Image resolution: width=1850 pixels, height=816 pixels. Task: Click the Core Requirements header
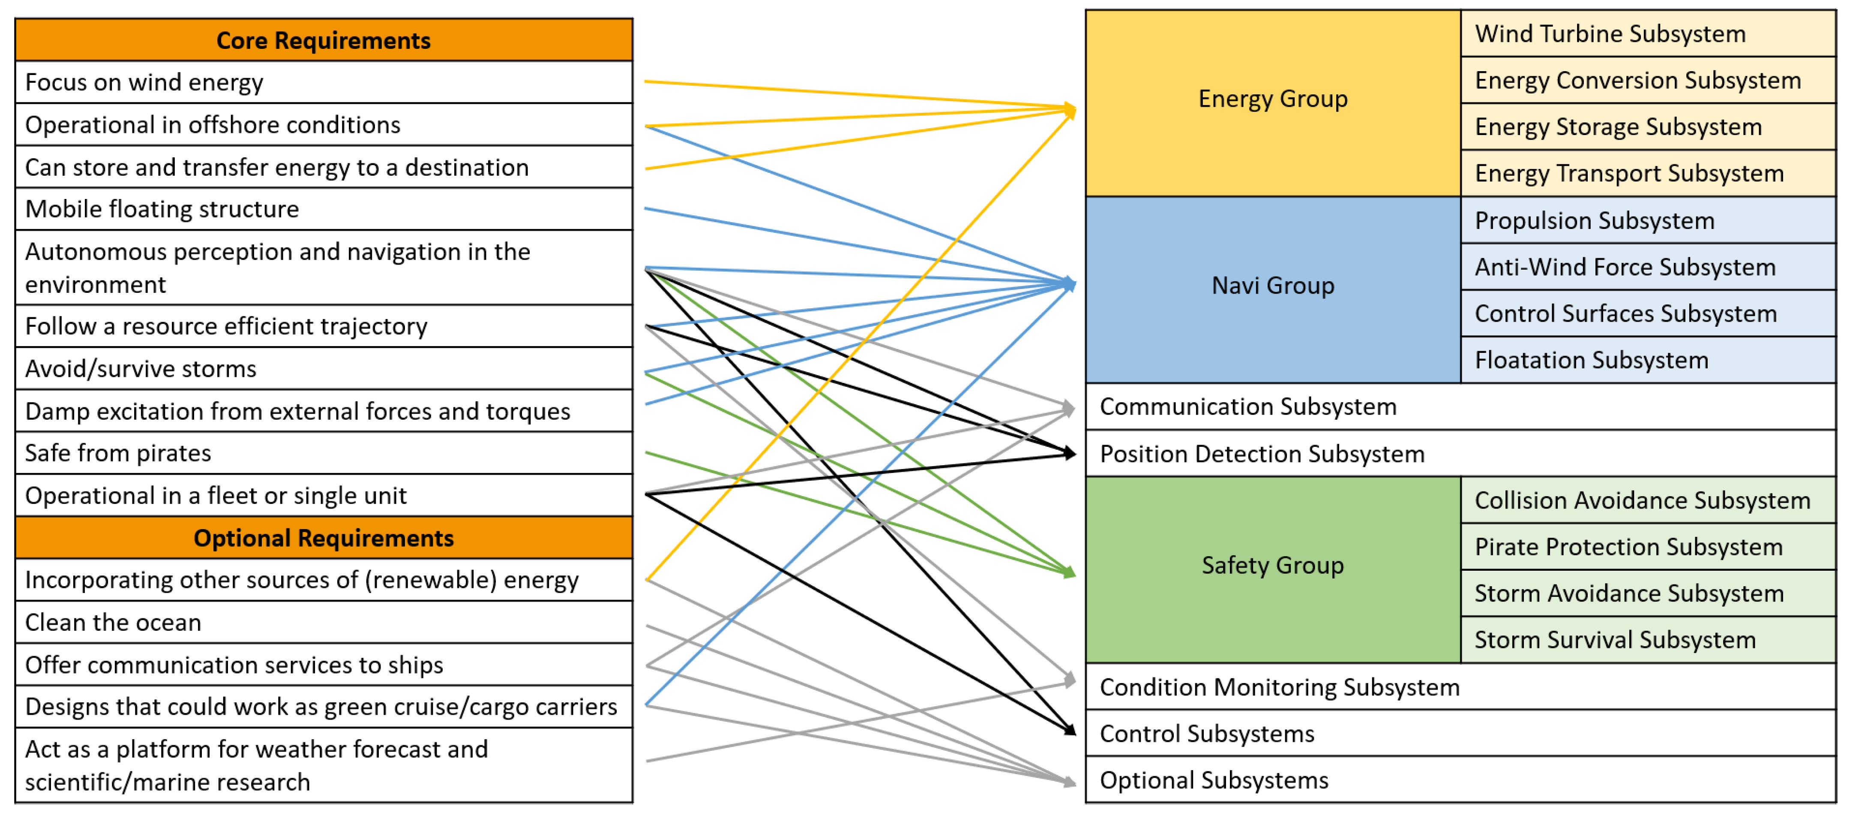click(323, 40)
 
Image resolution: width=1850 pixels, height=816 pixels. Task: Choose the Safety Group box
click(1273, 565)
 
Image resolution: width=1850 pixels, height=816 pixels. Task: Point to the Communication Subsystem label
click(1248, 406)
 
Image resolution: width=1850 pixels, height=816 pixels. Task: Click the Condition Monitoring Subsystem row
click(1280, 687)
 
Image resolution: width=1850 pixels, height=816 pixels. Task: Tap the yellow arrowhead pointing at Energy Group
click(1070, 111)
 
